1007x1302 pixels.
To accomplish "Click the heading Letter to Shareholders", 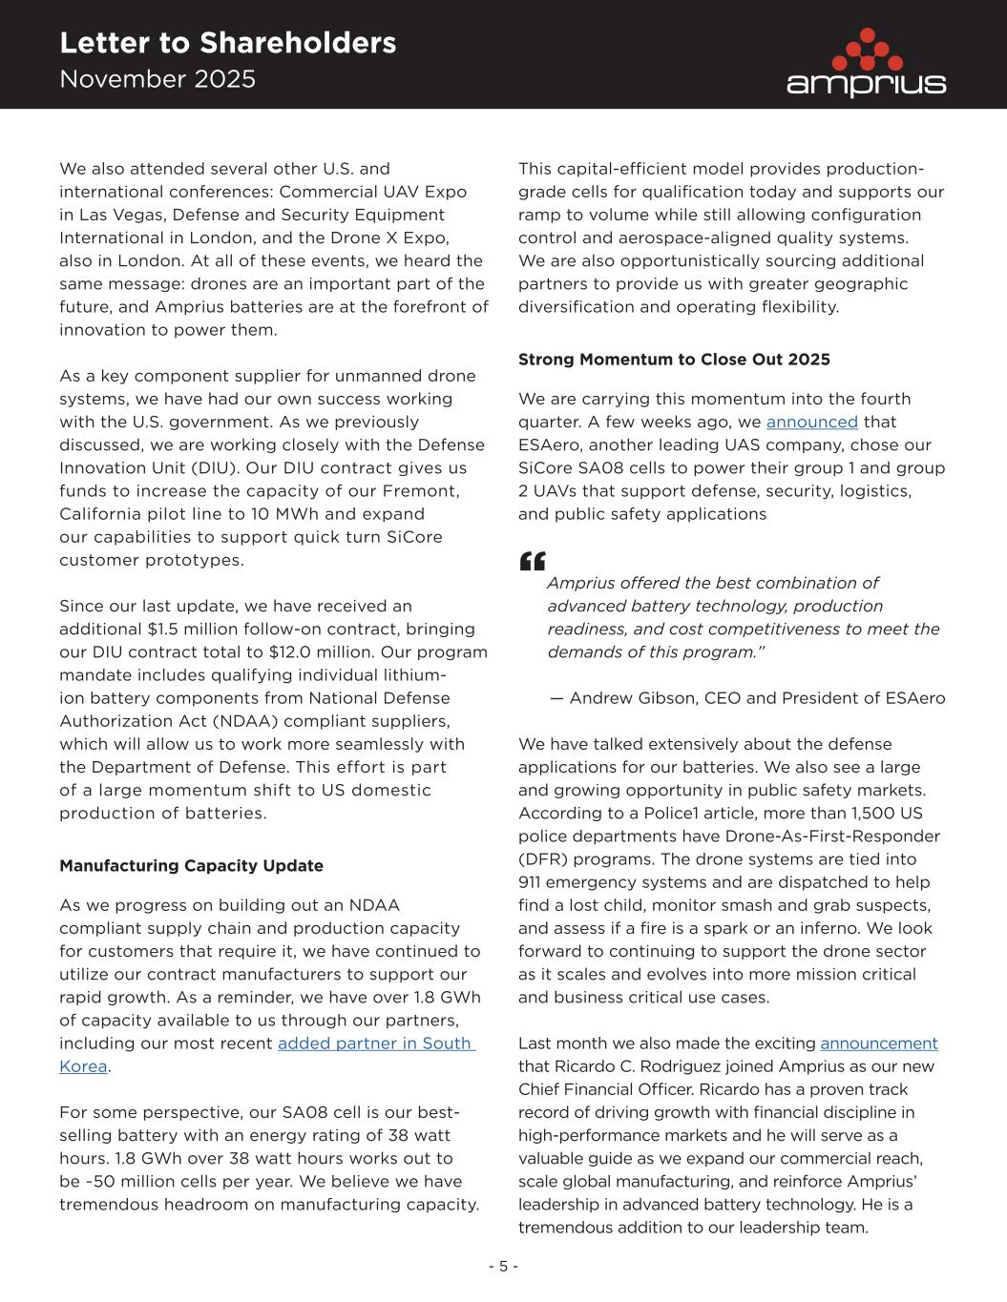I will click(227, 43).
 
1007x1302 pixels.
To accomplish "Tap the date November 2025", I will click(157, 79).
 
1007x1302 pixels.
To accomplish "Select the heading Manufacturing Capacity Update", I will click(191, 866).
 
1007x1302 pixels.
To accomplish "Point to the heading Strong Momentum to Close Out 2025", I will click(674, 360).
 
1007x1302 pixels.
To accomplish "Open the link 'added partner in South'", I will click(376, 1044).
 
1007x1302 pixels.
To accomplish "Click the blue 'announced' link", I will click(811, 422).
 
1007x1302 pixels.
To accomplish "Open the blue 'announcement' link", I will click(878, 1044).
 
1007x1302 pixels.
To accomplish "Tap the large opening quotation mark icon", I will click(533, 561).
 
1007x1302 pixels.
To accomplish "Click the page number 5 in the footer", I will click(503, 1267).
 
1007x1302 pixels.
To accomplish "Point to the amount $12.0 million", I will click(331, 652).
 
